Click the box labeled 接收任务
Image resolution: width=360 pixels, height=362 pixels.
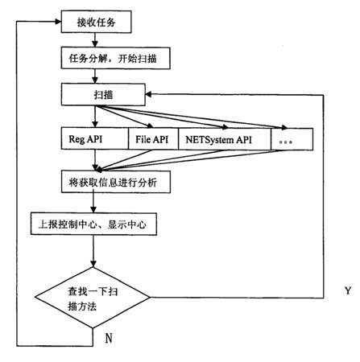(x=96, y=22)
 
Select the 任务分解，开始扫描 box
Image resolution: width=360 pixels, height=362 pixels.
(x=116, y=58)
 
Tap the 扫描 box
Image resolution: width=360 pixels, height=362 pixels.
(x=103, y=94)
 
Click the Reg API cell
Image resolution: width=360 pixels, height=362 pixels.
(x=95, y=138)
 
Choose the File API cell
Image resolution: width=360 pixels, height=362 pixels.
(x=153, y=139)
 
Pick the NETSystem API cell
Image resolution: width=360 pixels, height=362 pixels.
(x=225, y=139)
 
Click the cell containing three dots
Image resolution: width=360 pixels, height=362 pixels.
(x=292, y=139)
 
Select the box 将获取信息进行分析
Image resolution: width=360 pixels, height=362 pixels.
(x=116, y=182)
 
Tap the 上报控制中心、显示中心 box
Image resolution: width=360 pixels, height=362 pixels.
(x=93, y=224)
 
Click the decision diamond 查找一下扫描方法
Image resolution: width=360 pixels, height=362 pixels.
(x=93, y=298)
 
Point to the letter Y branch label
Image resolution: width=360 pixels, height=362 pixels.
(x=348, y=290)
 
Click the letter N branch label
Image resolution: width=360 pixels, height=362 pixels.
(x=109, y=338)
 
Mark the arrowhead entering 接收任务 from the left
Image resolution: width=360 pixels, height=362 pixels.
(x=58, y=22)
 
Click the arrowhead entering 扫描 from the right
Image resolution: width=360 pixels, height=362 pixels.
(x=148, y=94)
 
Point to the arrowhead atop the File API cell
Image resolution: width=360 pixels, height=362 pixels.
(x=150, y=125)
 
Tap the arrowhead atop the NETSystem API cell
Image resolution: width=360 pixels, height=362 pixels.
(x=225, y=126)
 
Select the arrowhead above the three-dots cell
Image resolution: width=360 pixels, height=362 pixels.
(x=283, y=127)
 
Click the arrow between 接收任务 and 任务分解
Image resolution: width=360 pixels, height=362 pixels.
(x=95, y=40)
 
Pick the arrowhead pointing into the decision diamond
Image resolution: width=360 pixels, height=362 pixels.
(x=93, y=264)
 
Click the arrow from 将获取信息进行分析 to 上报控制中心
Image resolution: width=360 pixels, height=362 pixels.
(x=93, y=203)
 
